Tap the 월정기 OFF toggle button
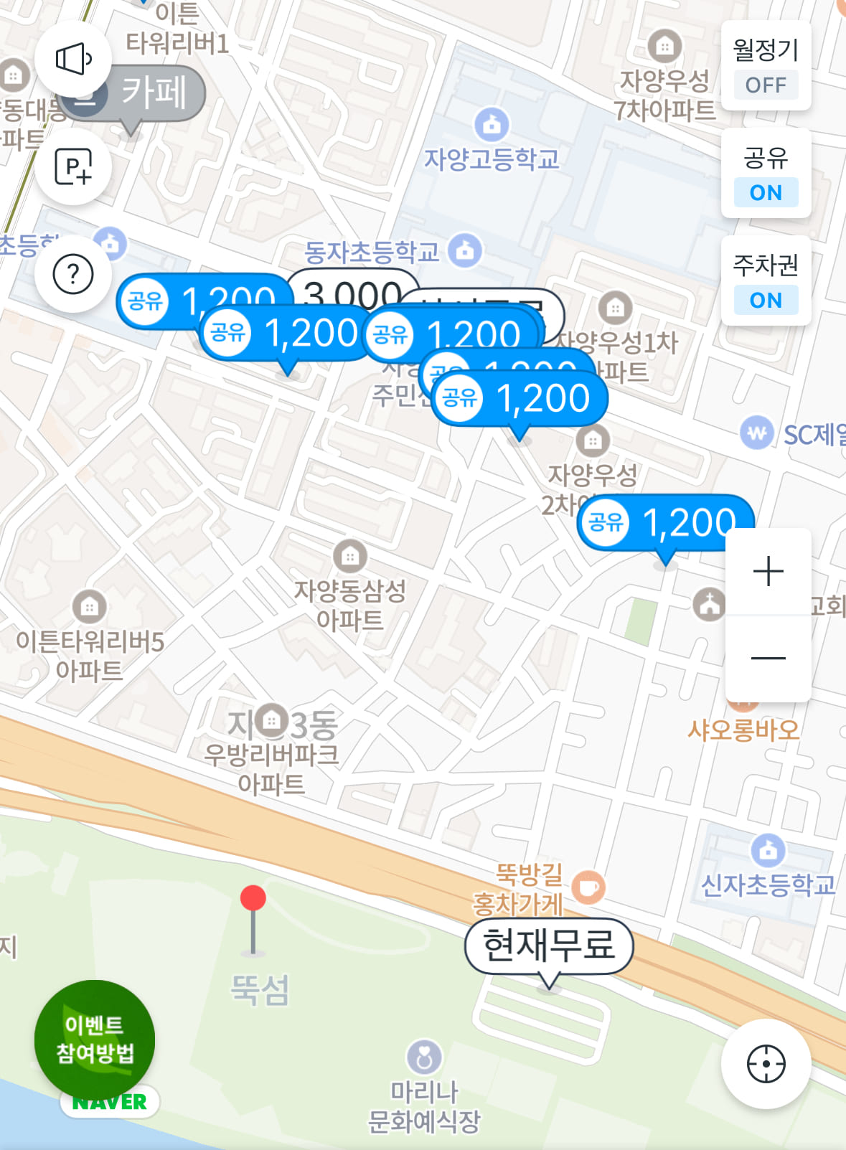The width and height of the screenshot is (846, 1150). click(766, 66)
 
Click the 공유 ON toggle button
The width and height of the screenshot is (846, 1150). click(766, 174)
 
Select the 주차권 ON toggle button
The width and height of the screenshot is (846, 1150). click(766, 281)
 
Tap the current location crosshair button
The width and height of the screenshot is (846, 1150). click(766, 1064)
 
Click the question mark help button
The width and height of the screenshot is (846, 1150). click(73, 274)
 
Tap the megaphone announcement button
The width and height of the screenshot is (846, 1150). click(73, 59)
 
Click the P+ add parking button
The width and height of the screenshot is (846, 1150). click(73, 167)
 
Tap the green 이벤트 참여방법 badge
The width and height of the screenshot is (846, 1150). click(95, 1039)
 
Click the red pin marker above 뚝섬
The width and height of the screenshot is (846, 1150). click(253, 899)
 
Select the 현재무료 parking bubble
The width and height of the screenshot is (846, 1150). click(549, 945)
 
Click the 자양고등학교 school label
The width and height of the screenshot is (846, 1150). click(492, 159)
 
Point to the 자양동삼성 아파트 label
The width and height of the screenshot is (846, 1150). click(350, 605)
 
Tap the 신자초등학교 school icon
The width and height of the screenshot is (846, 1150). click(768, 851)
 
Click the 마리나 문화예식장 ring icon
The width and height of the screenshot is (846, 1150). click(424, 1057)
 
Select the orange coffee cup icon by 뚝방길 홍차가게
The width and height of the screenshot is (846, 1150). click(588, 887)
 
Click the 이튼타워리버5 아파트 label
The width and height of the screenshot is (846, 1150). click(90, 656)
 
